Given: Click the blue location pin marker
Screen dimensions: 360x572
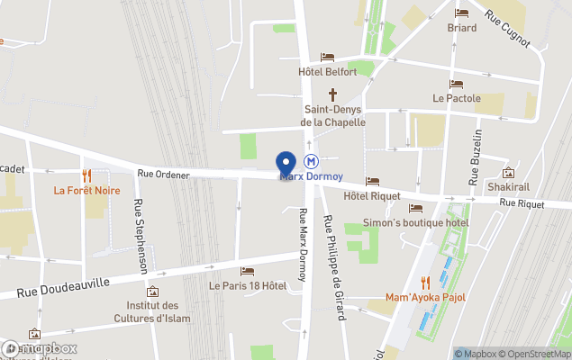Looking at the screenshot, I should (x=286, y=164).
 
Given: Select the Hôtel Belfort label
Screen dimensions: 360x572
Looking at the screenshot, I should (x=327, y=72).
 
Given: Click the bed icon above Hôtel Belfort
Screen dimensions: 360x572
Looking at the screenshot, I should (x=327, y=58).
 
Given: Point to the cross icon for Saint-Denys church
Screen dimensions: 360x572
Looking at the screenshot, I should (x=332, y=94).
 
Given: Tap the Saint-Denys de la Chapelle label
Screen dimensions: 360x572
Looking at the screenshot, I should (x=332, y=116).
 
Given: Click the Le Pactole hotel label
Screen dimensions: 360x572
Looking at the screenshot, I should (x=456, y=98).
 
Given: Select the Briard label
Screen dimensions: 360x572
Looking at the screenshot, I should (x=462, y=27).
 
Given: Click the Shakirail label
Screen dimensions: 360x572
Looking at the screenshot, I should (x=508, y=186).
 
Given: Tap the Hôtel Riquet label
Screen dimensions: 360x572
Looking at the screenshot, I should (x=372, y=195).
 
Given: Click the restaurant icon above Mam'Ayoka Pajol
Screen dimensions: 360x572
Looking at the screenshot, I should (x=425, y=283).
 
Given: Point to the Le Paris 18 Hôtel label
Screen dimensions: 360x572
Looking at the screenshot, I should (x=248, y=285).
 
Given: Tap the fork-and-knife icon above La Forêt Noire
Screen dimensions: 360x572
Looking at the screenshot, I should (x=86, y=175).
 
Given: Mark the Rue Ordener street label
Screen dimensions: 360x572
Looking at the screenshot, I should (x=163, y=174).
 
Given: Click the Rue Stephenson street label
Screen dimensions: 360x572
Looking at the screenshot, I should (x=141, y=236).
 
